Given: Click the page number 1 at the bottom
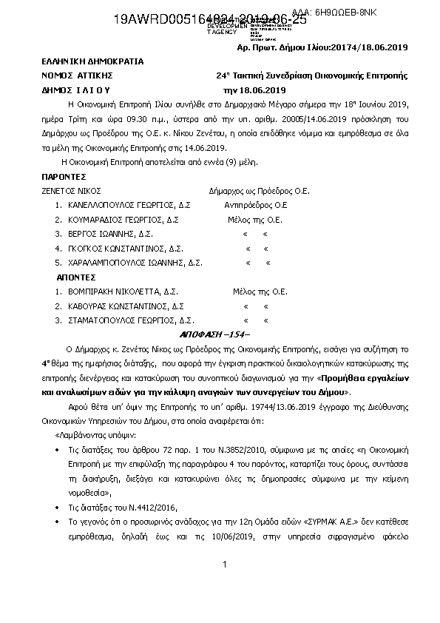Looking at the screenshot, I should tap(223, 565).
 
